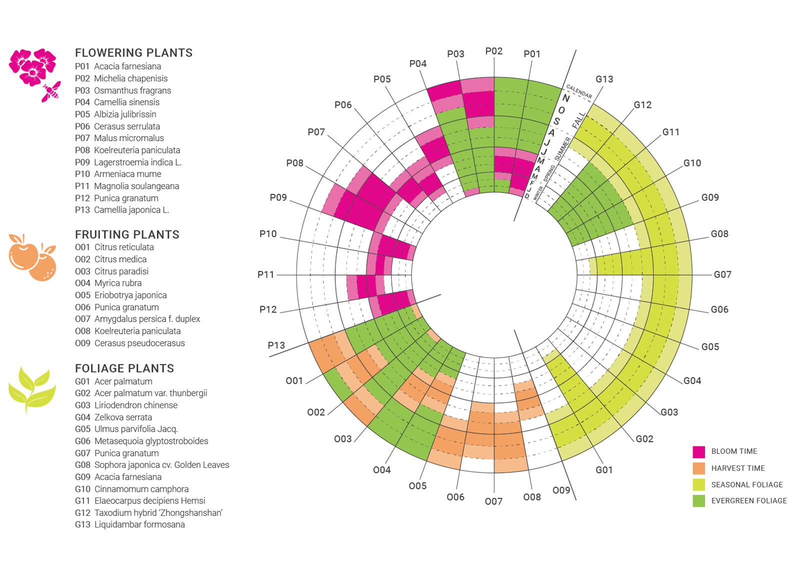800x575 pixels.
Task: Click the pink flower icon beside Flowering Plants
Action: point(32,67)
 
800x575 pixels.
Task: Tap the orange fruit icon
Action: point(31,257)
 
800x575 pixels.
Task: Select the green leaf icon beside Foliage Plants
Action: point(31,390)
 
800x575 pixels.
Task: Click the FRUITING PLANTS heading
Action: point(127,235)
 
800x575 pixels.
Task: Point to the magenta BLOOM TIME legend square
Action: point(698,452)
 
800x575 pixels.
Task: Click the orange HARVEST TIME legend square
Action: point(698,468)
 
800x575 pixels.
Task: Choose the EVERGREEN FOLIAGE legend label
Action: point(748,501)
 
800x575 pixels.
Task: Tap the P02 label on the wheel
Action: point(493,51)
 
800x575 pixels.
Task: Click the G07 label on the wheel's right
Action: point(722,274)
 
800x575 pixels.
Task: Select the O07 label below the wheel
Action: point(493,501)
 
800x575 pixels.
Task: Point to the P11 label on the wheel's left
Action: point(265,274)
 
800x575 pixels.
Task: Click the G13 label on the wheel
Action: point(604,79)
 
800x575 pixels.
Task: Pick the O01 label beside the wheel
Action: point(294,381)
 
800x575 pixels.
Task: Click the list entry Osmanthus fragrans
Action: point(132,91)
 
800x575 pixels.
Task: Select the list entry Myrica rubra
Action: point(118,283)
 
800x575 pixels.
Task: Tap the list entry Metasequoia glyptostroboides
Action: point(151,441)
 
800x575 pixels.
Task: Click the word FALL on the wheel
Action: point(578,120)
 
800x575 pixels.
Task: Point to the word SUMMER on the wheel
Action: point(562,149)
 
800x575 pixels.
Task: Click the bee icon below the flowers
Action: point(51,92)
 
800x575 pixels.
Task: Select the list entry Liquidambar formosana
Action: point(139,525)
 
